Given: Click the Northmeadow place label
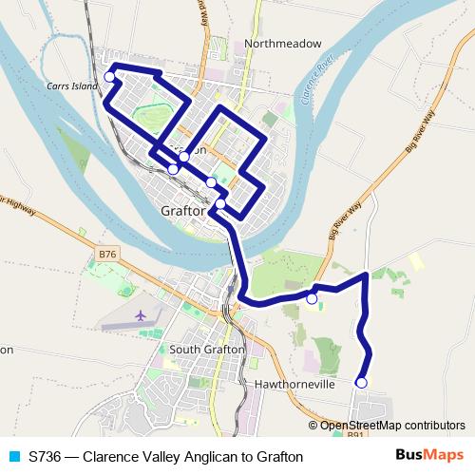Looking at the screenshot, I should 283,44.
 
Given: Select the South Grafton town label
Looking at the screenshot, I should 207,349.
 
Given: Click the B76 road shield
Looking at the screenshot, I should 107,255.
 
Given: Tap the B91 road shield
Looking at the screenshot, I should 355,435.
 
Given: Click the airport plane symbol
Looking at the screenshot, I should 142,314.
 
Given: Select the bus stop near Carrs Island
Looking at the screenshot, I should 110,77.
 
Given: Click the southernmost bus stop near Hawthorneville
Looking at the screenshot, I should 361,383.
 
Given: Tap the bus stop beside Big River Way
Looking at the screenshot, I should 312,298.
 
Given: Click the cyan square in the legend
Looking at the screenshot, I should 13,457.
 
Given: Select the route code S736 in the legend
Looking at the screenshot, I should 46,457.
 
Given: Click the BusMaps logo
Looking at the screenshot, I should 429,456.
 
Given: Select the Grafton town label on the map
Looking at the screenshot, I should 184,211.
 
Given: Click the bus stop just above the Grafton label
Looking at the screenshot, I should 220,203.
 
